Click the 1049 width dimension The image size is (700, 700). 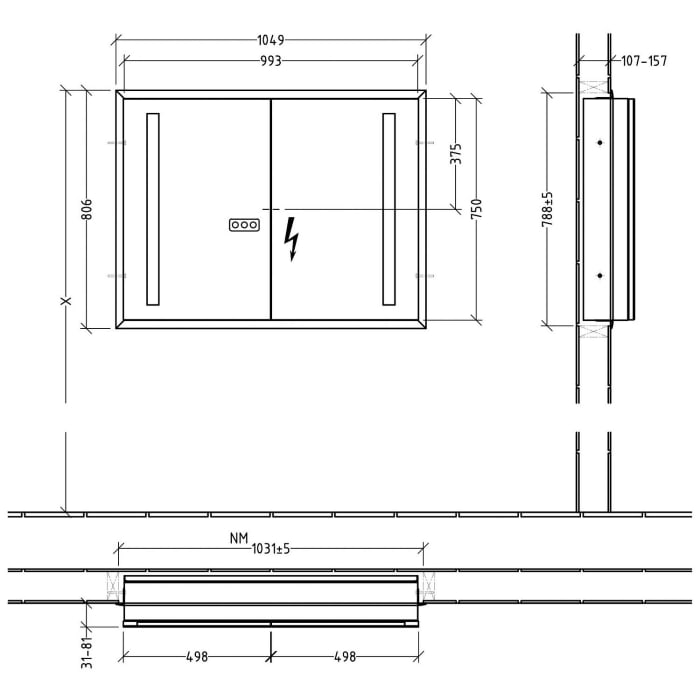click(x=270, y=40)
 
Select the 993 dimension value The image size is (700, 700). click(x=270, y=61)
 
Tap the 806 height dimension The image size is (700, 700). click(x=87, y=209)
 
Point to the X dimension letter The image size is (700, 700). click(x=66, y=302)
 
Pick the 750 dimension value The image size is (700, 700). click(x=477, y=209)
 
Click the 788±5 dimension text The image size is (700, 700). click(x=548, y=209)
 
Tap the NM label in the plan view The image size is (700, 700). click(x=237, y=538)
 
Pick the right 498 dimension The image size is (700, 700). click(x=344, y=657)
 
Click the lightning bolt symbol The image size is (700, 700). click(x=293, y=239)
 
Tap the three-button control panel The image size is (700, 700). click(x=244, y=225)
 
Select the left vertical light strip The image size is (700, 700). click(x=153, y=209)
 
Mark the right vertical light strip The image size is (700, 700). click(x=389, y=209)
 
